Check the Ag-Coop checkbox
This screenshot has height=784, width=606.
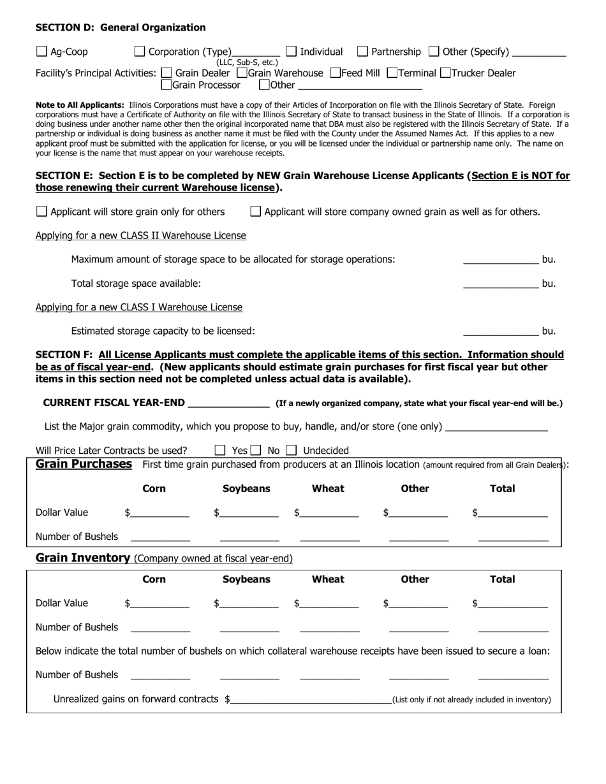[41, 52]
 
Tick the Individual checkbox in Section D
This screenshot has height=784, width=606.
[292, 52]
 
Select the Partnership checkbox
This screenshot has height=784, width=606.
[362, 52]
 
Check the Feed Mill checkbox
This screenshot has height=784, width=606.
[336, 73]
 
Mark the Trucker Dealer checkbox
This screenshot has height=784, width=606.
[445, 73]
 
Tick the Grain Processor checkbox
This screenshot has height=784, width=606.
[166, 84]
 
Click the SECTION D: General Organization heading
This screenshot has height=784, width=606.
[121, 27]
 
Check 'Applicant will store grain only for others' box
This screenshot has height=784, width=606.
[41, 212]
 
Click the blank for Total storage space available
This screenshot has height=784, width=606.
[500, 283]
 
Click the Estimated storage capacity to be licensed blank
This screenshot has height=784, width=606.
[500, 331]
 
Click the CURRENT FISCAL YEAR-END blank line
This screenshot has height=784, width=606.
[229, 403]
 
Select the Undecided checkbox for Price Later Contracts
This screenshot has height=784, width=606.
[292, 451]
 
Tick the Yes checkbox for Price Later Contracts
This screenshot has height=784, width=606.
[221, 451]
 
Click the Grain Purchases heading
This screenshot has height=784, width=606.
[84, 464]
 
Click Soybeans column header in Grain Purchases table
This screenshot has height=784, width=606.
[246, 489]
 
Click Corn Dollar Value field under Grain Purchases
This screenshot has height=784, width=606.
[160, 512]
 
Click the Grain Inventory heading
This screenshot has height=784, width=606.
[83, 558]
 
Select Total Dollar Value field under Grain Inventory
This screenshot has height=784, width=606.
[513, 603]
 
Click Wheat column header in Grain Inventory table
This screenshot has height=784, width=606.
[328, 579]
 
